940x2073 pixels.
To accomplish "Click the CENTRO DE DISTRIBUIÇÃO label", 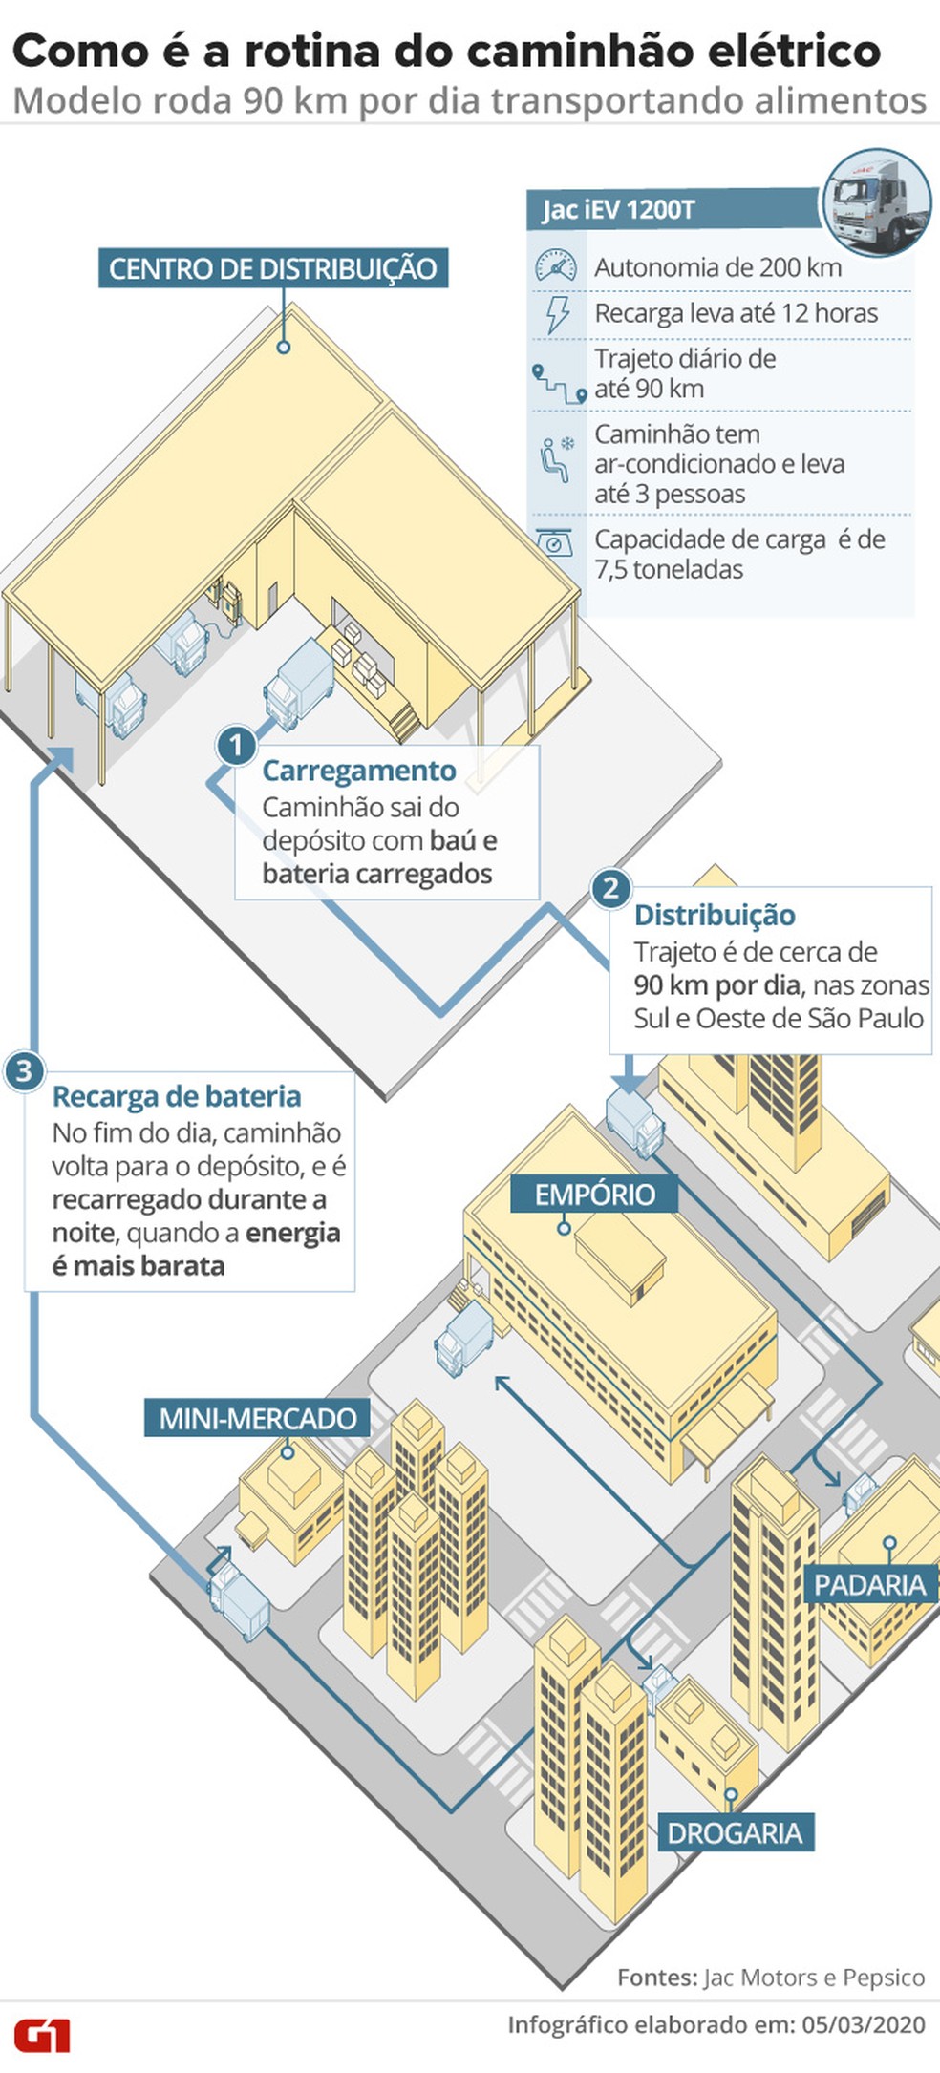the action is [273, 268].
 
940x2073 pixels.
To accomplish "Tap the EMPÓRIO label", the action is [594, 1194].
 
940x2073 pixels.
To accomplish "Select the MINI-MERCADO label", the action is [257, 1418].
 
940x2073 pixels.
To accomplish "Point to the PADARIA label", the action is [870, 1584].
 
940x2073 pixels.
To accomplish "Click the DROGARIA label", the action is [734, 1832].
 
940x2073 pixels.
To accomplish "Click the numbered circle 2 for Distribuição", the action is [610, 890].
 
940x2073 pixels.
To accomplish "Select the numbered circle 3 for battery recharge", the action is [23, 1071].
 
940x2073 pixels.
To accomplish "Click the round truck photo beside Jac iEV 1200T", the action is [876, 202].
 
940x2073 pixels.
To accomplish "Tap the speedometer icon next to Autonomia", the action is [556, 266].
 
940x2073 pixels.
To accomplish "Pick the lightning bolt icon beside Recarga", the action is [557, 314].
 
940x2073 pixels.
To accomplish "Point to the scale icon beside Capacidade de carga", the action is [555, 542].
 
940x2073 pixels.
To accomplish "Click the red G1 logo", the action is [41, 2035].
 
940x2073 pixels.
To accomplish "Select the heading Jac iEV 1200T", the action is [619, 210].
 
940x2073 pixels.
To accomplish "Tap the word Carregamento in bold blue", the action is [359, 771].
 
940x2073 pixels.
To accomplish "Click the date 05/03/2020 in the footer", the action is [864, 2024].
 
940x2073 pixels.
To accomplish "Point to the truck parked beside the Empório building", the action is [464, 1340].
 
